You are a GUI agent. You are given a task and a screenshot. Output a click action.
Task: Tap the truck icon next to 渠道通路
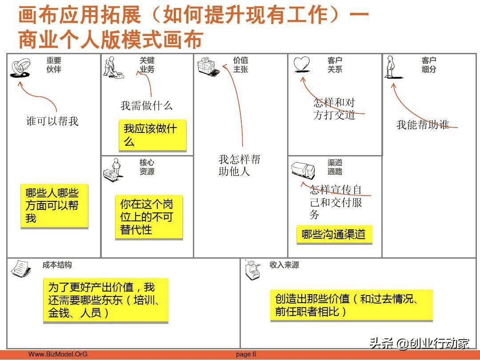point(303,170)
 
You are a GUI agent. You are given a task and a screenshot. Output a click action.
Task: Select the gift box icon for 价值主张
point(208,66)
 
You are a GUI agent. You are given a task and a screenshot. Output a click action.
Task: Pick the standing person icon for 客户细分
point(391,67)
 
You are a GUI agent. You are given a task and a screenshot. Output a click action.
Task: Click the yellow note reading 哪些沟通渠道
point(334,234)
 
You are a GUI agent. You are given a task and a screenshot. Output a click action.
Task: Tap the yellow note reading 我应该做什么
point(152,135)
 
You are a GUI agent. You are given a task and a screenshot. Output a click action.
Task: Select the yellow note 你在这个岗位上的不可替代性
point(148,217)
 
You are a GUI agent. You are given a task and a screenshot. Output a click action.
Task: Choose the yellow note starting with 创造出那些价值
point(351,305)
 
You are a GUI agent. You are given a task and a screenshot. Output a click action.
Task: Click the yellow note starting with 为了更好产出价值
point(105,300)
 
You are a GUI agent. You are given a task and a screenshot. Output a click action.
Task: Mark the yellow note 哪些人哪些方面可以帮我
point(54,206)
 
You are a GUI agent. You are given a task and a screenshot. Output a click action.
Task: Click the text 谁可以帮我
point(52,121)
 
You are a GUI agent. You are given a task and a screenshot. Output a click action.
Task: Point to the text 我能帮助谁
point(422,124)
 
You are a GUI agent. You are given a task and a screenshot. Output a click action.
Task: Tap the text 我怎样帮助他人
point(239,165)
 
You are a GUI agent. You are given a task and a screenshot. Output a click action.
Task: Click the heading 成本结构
point(57,265)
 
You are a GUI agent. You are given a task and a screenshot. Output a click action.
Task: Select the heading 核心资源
point(147,167)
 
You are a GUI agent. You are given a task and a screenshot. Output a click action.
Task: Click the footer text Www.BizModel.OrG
point(58,354)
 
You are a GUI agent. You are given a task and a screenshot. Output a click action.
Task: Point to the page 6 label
point(246,354)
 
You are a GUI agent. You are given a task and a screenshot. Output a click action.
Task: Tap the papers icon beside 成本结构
point(20,268)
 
